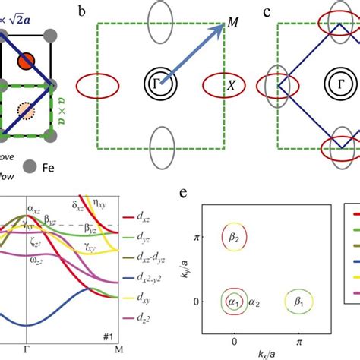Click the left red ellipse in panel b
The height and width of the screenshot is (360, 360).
click(97, 84)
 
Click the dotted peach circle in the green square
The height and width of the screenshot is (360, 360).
click(25, 112)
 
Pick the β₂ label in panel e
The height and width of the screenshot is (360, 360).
click(235, 236)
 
